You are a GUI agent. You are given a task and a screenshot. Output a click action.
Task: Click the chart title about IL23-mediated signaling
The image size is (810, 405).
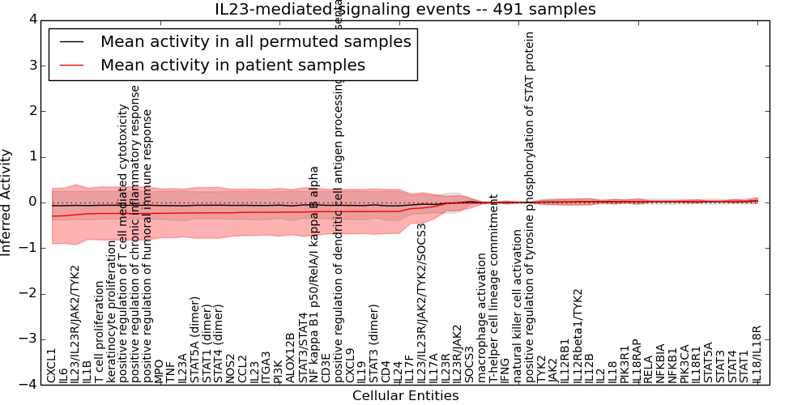(405, 10)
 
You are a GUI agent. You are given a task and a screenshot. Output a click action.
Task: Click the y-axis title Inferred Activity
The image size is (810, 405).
(7, 202)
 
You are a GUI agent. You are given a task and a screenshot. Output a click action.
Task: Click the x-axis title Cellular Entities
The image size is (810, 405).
(405, 396)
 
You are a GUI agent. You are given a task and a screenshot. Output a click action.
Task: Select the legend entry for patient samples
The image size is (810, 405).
(232, 65)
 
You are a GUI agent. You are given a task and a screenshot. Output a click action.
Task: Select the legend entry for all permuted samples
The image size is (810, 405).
(255, 41)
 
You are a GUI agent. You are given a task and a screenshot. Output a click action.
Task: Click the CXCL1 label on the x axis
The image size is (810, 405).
(52, 365)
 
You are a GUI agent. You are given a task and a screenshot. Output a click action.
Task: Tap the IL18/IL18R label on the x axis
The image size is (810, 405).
(757, 354)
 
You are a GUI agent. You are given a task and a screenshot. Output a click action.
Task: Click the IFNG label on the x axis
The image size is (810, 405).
(505, 369)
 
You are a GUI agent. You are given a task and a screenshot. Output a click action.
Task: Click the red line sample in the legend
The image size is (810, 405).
(71, 65)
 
